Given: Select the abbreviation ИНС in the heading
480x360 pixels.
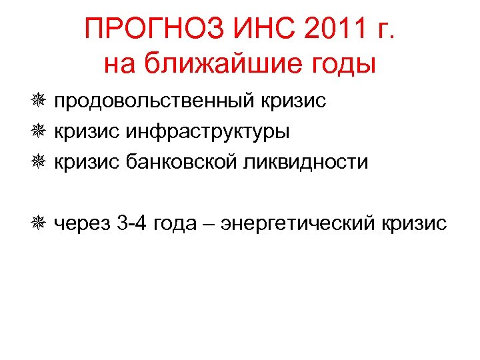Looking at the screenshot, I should pos(261,29).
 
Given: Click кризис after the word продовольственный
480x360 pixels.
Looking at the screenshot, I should pos(296,101).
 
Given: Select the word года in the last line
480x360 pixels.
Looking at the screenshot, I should pos(175,223).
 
